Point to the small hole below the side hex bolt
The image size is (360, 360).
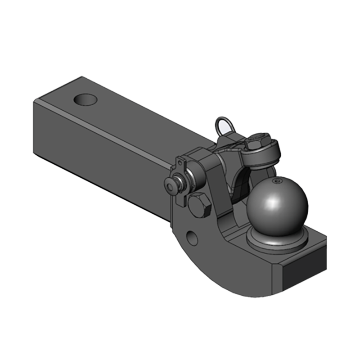click(192, 238)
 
